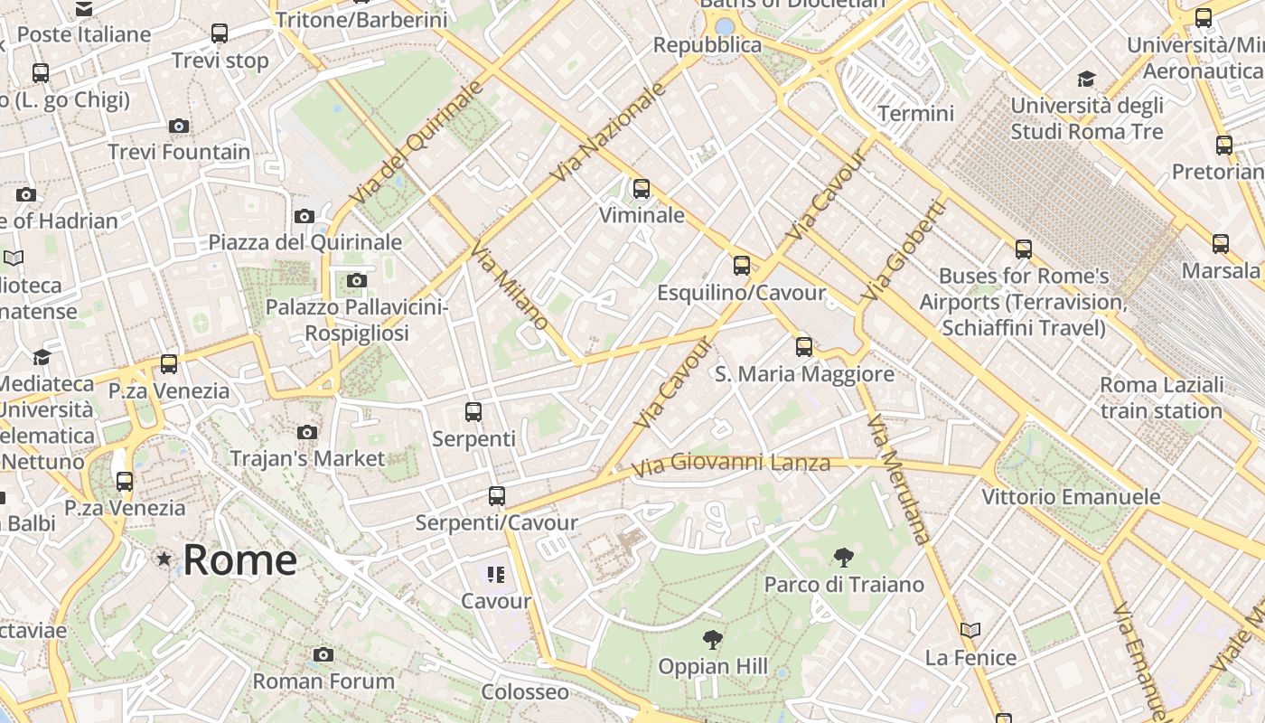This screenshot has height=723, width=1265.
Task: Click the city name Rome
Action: coord(239,559)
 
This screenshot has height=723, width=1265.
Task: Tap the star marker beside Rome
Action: coord(164,559)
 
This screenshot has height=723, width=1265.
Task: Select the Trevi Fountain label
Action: coord(179,151)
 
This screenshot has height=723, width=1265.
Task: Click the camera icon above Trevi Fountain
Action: coord(179,126)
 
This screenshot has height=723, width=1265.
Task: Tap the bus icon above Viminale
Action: coord(642,189)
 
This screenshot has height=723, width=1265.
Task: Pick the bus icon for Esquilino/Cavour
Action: coord(742,265)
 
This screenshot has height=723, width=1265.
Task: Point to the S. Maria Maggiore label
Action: coord(804,373)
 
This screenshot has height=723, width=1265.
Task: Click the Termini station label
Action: coord(915,113)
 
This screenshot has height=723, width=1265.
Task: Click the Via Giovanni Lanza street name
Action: coord(730,465)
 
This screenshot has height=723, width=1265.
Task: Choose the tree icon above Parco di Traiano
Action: coord(844,557)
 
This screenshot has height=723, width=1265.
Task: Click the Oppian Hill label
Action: coord(713,666)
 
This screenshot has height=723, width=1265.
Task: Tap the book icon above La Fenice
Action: coord(970,630)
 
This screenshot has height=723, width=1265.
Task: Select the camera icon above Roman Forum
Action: coord(323,654)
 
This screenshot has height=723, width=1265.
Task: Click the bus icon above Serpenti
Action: coord(473,412)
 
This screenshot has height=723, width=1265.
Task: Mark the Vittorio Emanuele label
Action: coord(1071,496)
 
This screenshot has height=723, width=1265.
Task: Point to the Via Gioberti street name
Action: coord(904,250)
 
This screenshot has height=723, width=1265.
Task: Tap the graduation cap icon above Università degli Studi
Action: coord(1086,79)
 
